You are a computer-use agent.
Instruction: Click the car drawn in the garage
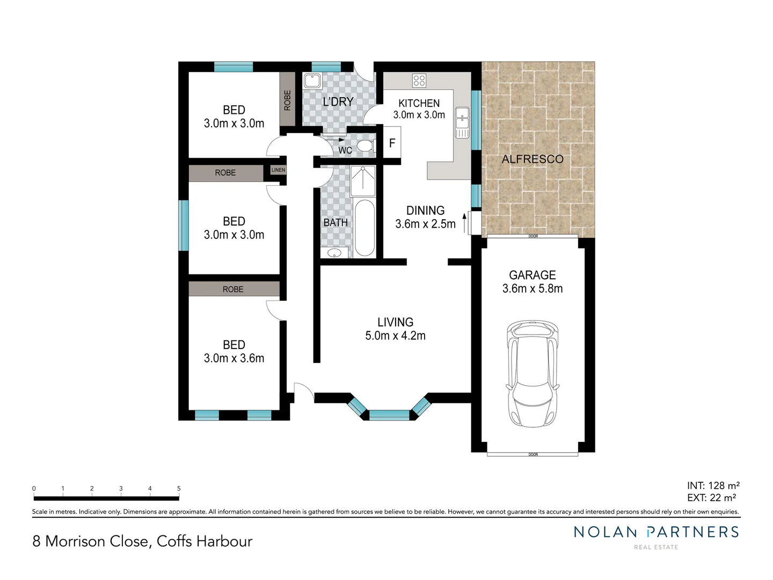pyautogui.click(x=532, y=374)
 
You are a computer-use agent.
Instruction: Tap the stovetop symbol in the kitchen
pyautogui.click(x=419, y=81)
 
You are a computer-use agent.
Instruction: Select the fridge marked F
pyautogui.click(x=392, y=143)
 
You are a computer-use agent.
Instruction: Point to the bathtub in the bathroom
pyautogui.click(x=364, y=228)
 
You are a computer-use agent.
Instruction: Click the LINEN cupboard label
pyautogui.click(x=278, y=170)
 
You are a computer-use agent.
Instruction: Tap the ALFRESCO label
pyautogui.click(x=533, y=159)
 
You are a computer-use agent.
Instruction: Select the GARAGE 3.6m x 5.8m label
pyautogui.click(x=533, y=282)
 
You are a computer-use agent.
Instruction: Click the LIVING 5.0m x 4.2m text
pyautogui.click(x=395, y=329)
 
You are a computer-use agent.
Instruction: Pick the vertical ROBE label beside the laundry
pyautogui.click(x=287, y=100)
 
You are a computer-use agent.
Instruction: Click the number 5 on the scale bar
pyautogui.click(x=179, y=489)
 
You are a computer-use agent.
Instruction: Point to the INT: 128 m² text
pyautogui.click(x=713, y=486)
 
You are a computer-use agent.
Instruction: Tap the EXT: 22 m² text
pyautogui.click(x=711, y=498)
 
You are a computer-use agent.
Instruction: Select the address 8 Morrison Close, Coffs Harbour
pyautogui.click(x=142, y=541)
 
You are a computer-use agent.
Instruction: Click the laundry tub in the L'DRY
pyautogui.click(x=312, y=81)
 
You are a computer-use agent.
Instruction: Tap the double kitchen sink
pyautogui.click(x=462, y=122)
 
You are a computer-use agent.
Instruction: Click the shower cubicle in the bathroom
pyautogui.click(x=363, y=180)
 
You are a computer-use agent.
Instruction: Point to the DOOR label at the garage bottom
pyautogui.click(x=533, y=455)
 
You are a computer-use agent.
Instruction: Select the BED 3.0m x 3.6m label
pyautogui.click(x=234, y=352)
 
